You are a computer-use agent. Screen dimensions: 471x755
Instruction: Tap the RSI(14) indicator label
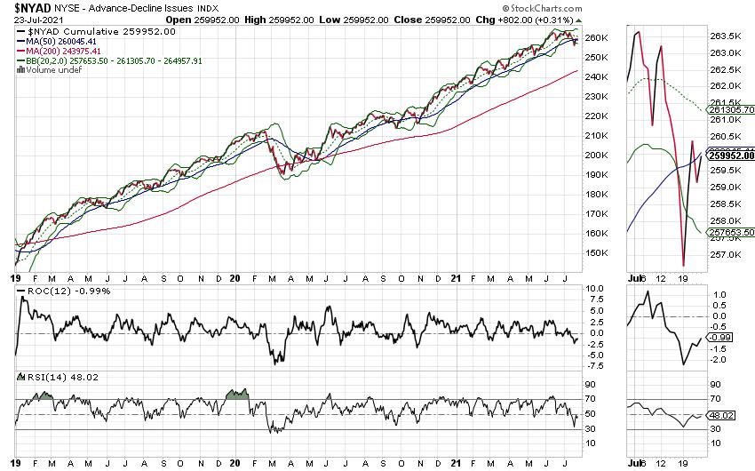click(x=44, y=378)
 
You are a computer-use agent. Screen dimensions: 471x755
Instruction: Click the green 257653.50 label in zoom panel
click(x=730, y=234)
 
